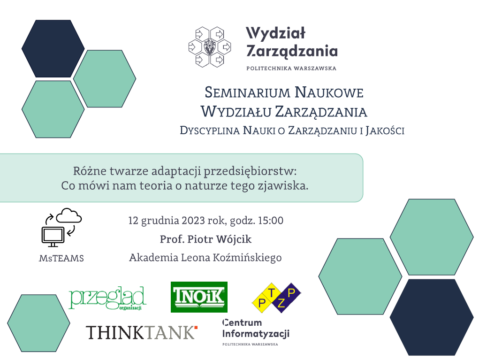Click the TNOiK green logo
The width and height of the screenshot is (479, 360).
[x=199, y=297]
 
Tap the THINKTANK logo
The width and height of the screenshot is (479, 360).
[x=141, y=332]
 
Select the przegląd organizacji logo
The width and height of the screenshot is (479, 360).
[x=107, y=298]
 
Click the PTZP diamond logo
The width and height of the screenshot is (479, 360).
[x=276, y=298]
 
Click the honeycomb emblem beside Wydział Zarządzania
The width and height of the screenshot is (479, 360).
[x=210, y=47]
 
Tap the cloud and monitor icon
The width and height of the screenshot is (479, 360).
[x=61, y=227]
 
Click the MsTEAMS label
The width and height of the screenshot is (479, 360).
[x=61, y=259]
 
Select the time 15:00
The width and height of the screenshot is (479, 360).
[x=271, y=220]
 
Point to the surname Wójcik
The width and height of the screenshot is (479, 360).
[x=234, y=239]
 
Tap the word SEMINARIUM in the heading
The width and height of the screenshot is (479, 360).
[x=247, y=92]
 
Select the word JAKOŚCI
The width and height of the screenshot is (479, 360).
[x=385, y=130]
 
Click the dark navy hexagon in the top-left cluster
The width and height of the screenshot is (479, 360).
[x=53, y=49]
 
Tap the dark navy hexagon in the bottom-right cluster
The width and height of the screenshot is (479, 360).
[x=431, y=317]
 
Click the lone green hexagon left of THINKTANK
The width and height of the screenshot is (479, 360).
[x=38, y=323]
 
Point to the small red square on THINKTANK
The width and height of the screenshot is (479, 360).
[x=196, y=328]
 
